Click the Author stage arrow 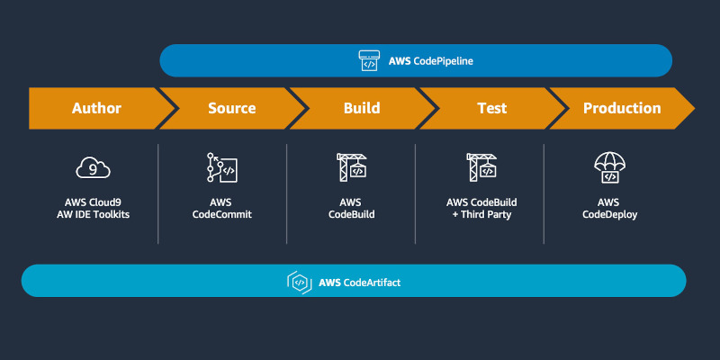tap(96, 108)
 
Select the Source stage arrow tap(232, 108)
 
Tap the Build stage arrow tap(362, 108)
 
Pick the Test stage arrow tap(491, 108)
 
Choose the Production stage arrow tap(622, 108)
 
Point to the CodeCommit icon tap(221, 167)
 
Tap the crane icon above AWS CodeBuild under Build tap(352, 167)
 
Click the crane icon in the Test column tap(481, 167)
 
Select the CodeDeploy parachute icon tap(610, 167)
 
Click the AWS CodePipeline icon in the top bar tap(370, 60)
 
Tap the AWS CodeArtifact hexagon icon tap(300, 282)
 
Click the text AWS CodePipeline tap(431, 60)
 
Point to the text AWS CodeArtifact tap(359, 283)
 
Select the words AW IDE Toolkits tap(94, 214)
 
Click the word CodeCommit tap(222, 214)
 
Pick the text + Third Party tap(481, 214)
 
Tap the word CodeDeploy tap(610, 214)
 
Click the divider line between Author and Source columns tap(158, 193)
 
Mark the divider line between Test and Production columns tap(544, 193)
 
